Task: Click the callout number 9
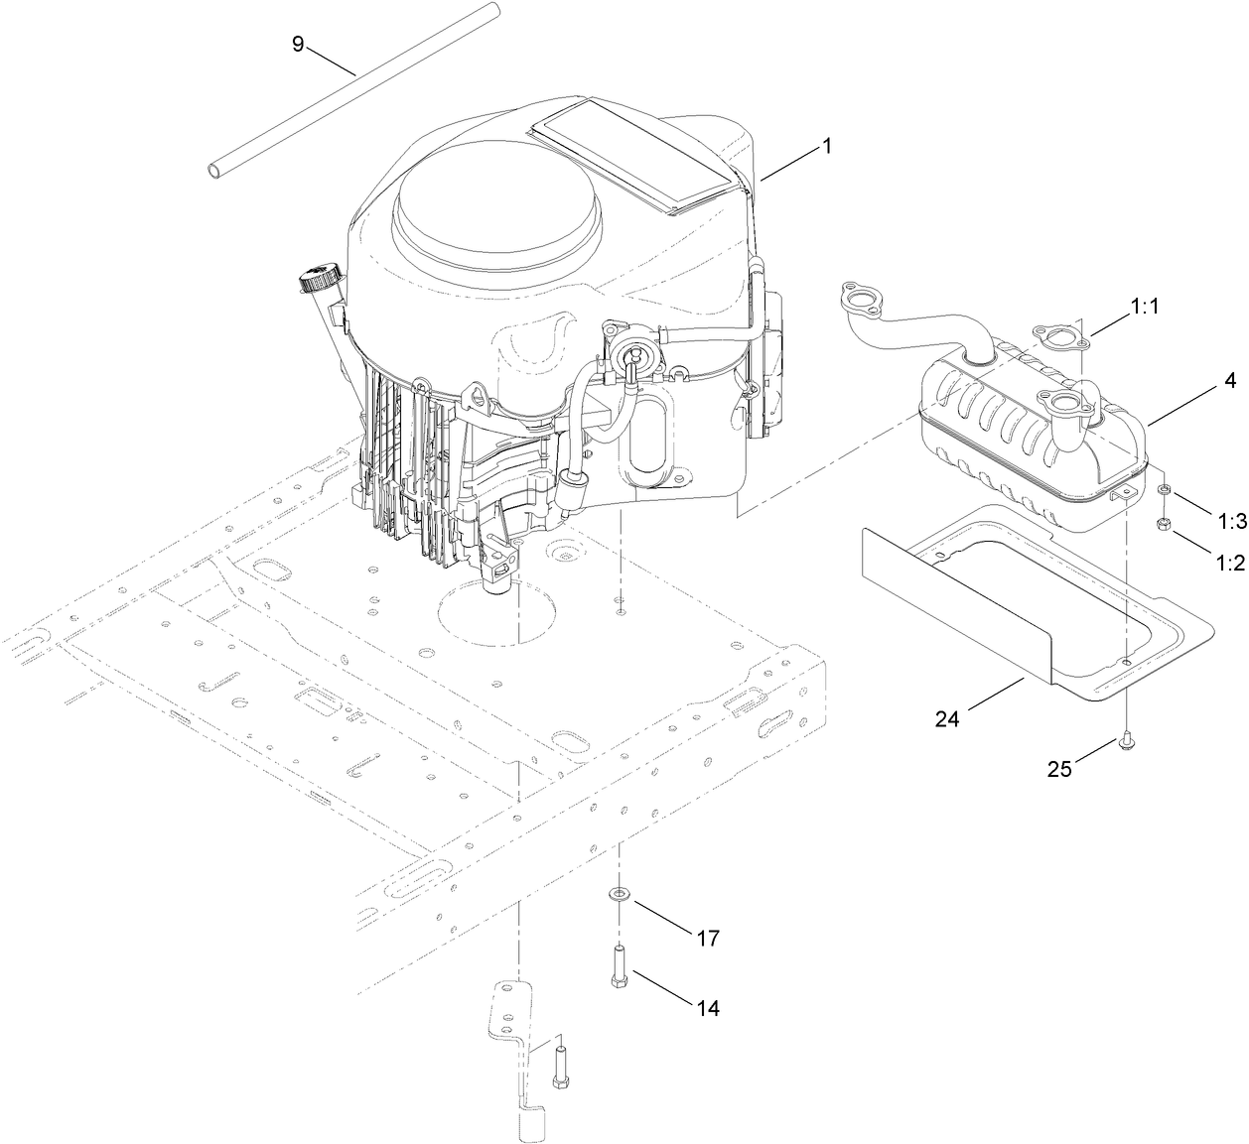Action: [x=298, y=46]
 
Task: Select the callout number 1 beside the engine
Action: [x=826, y=146]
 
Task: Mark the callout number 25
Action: [x=1059, y=768]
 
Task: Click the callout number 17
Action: [x=707, y=938]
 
